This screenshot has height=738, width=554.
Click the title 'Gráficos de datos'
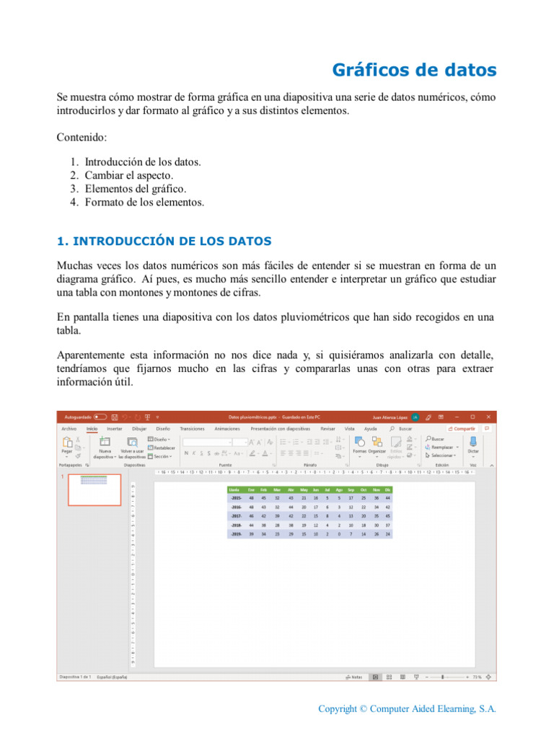point(414,70)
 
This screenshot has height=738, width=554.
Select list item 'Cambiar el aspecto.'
point(128,175)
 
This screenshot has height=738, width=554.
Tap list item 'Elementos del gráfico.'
point(136,189)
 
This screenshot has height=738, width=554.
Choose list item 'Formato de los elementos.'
point(144,203)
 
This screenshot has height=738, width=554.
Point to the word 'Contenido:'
point(82,136)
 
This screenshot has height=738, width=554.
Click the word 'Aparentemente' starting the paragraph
point(93,355)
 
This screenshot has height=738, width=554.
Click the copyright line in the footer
point(407,709)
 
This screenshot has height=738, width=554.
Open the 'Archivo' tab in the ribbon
point(69,428)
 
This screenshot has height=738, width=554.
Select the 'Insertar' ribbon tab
point(115,428)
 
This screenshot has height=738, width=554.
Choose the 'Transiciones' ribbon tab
point(192,428)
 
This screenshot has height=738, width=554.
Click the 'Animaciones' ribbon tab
point(227,428)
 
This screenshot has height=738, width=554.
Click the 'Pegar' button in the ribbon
point(66,451)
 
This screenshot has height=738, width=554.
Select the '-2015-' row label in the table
point(235,498)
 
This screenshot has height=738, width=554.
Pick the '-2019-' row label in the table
point(235,535)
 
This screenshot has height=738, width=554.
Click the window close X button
point(489,417)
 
